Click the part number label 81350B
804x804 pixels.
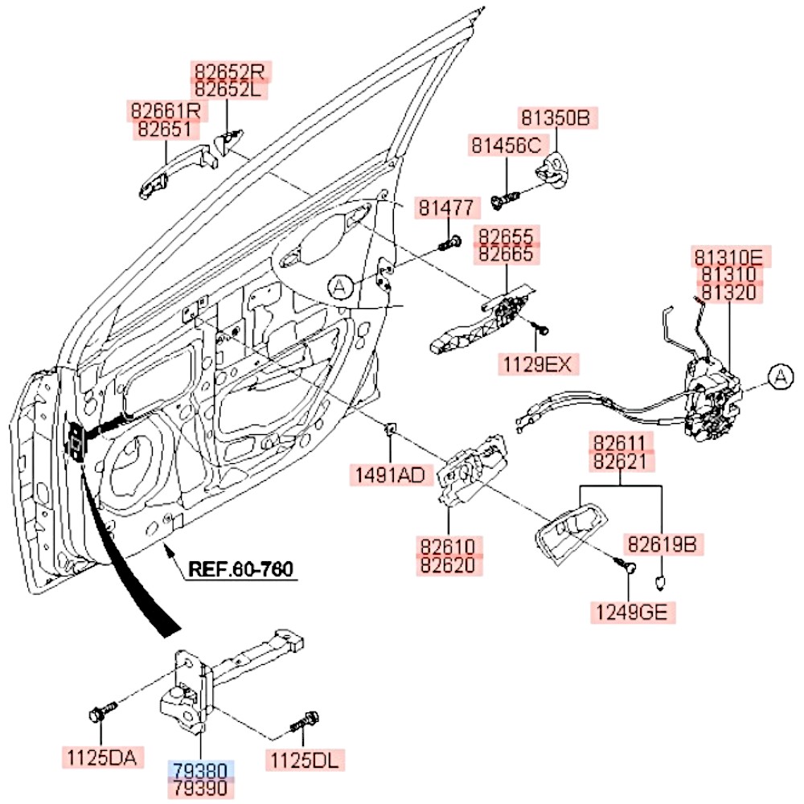[555, 119]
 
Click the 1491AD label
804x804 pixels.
[390, 474]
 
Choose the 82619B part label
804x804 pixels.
[662, 544]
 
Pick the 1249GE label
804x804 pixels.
[631, 613]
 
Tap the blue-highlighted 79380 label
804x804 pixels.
[200, 770]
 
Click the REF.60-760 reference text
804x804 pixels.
[240, 569]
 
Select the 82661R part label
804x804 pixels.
[164, 109]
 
